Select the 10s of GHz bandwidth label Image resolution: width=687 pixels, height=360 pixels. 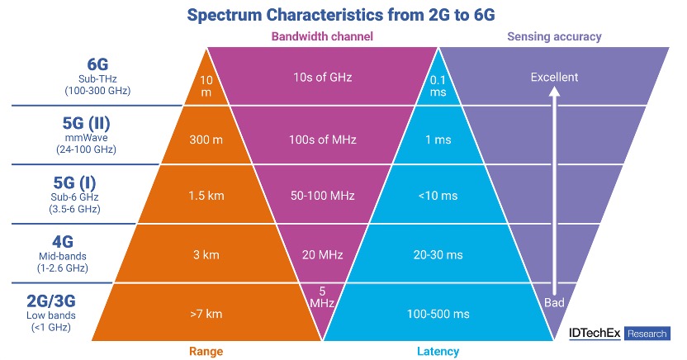click(322, 78)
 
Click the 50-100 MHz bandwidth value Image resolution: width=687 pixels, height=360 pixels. click(322, 196)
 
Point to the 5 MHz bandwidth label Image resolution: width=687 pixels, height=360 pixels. click(322, 296)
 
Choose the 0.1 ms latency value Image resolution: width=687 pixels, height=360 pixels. click(438, 84)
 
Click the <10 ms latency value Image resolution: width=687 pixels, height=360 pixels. click(438, 196)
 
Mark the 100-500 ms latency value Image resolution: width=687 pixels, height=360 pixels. click(438, 315)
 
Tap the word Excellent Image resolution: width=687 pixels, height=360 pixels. click(555, 78)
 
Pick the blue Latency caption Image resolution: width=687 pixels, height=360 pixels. click(438, 350)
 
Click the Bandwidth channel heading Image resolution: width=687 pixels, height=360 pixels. click(322, 36)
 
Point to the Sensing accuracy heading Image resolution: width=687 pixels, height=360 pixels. click(554, 36)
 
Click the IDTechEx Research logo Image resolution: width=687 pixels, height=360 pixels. click(619, 334)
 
